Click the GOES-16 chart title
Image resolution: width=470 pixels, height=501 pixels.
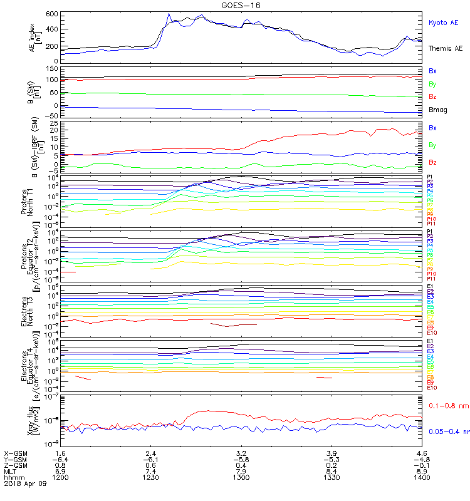pos(241,5)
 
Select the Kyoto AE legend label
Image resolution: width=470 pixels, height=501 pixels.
pos(443,23)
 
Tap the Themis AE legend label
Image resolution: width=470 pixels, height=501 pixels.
pos(445,48)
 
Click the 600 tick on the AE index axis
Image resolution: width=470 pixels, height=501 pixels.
pos(53,14)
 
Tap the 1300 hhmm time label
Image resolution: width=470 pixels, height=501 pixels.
pos(241,477)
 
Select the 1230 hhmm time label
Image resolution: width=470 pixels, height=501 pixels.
pos(151,477)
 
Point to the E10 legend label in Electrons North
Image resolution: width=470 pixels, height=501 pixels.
pos(432,333)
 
